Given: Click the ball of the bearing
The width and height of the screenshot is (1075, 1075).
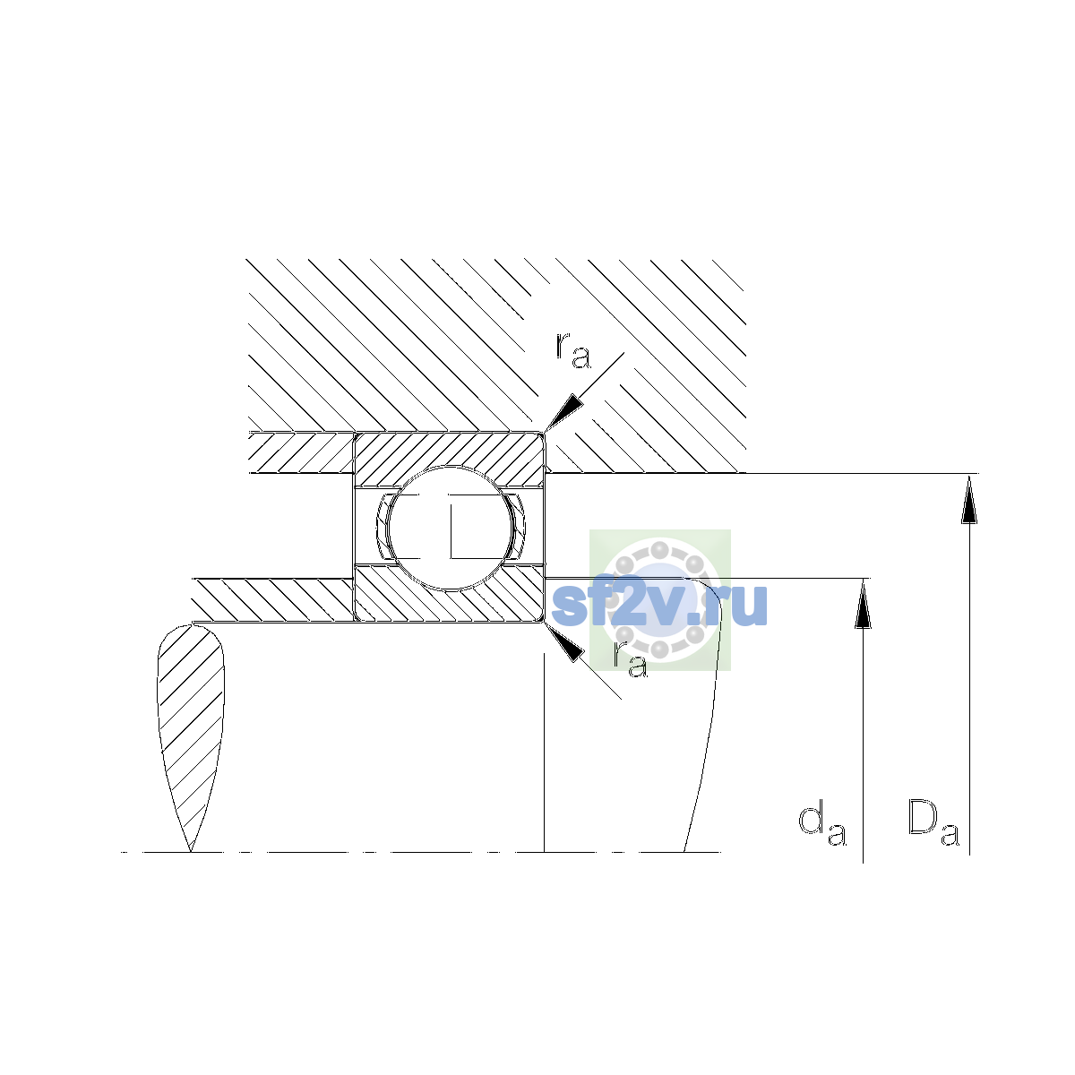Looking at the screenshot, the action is point(450,528).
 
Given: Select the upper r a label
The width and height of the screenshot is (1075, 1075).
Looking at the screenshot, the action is point(572,351).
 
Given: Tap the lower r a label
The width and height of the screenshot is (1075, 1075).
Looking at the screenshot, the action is point(631,658).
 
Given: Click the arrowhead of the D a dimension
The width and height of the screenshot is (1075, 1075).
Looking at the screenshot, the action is point(969,498).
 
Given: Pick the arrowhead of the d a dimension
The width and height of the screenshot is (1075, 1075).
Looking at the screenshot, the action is point(863,603).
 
